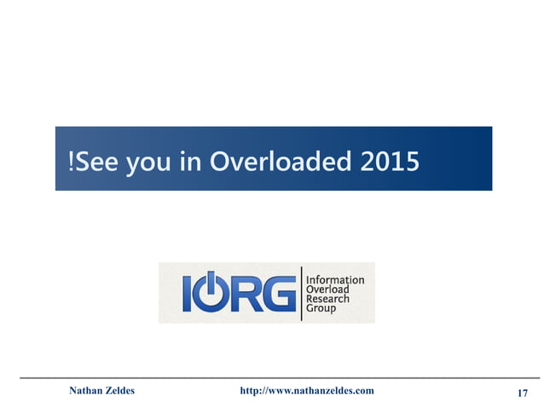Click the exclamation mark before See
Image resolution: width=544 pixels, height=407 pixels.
[x=71, y=159]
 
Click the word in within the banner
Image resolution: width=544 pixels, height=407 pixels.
[x=189, y=159]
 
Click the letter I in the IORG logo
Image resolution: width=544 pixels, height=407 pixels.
[x=188, y=292]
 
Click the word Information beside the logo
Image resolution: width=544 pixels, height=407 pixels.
[x=334, y=278]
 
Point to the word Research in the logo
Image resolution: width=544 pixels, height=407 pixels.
[x=327, y=298]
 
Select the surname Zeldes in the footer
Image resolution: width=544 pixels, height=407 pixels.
[x=120, y=391]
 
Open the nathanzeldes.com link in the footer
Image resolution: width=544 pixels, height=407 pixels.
[x=306, y=391]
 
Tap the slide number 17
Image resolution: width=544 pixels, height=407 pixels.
[x=523, y=393]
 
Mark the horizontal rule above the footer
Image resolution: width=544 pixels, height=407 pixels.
[x=272, y=376]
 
